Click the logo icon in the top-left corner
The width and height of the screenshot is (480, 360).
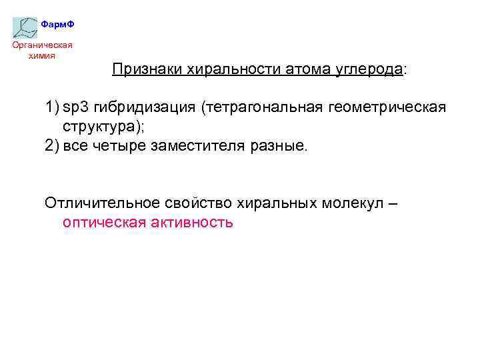[x=26, y=27]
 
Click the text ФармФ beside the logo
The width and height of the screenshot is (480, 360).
[x=57, y=25]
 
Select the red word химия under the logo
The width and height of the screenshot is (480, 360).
[x=42, y=55]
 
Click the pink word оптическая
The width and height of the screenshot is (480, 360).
[x=106, y=222]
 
